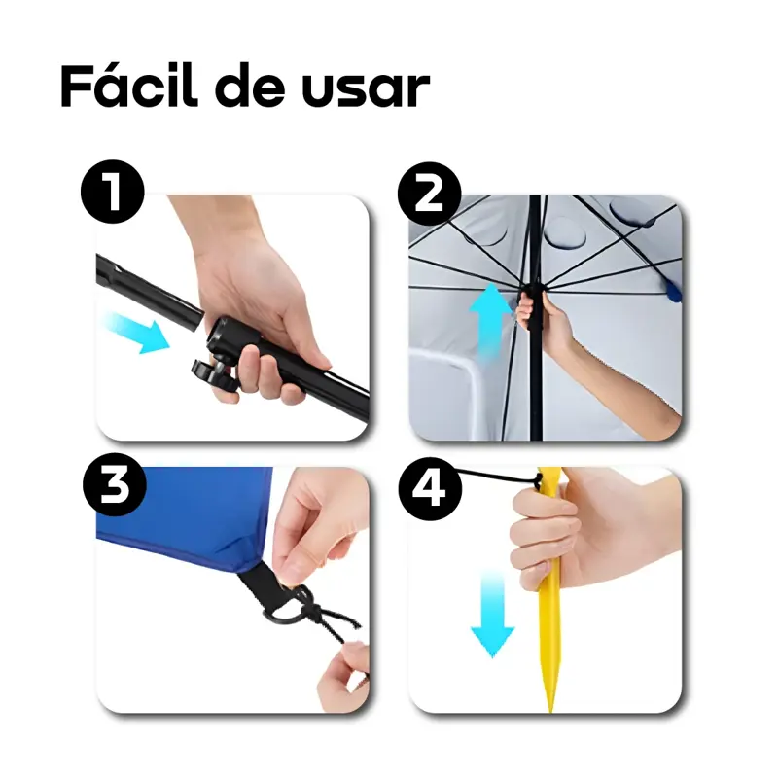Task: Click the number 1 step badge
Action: point(113,192)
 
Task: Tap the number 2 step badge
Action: point(429,194)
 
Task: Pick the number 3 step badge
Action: point(115,484)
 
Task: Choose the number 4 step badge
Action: point(430,489)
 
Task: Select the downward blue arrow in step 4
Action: point(492,614)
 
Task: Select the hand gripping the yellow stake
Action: point(590,531)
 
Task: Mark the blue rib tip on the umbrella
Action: point(674,293)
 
